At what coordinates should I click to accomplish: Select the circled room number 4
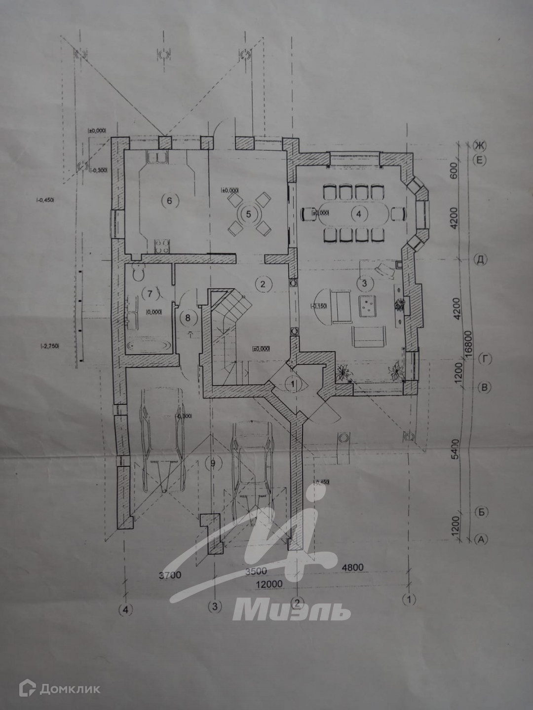click(x=359, y=213)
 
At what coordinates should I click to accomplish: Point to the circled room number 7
click(x=148, y=294)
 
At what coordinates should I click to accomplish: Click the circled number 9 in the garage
click(x=213, y=463)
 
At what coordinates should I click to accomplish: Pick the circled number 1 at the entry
click(x=294, y=382)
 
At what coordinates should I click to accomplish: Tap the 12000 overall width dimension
click(x=269, y=584)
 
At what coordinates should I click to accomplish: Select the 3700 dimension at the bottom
click(x=170, y=575)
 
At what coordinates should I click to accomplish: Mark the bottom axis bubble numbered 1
click(x=409, y=600)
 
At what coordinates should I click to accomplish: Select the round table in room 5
click(x=249, y=214)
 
